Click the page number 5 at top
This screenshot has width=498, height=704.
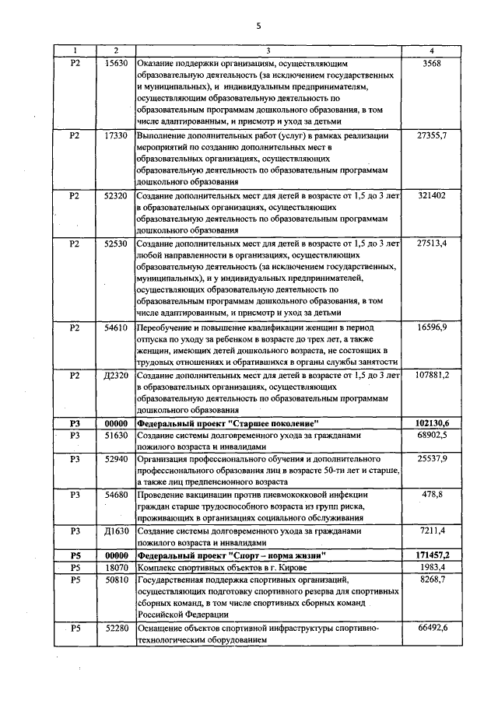[258, 25]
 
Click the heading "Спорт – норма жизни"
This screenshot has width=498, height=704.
[230, 555]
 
